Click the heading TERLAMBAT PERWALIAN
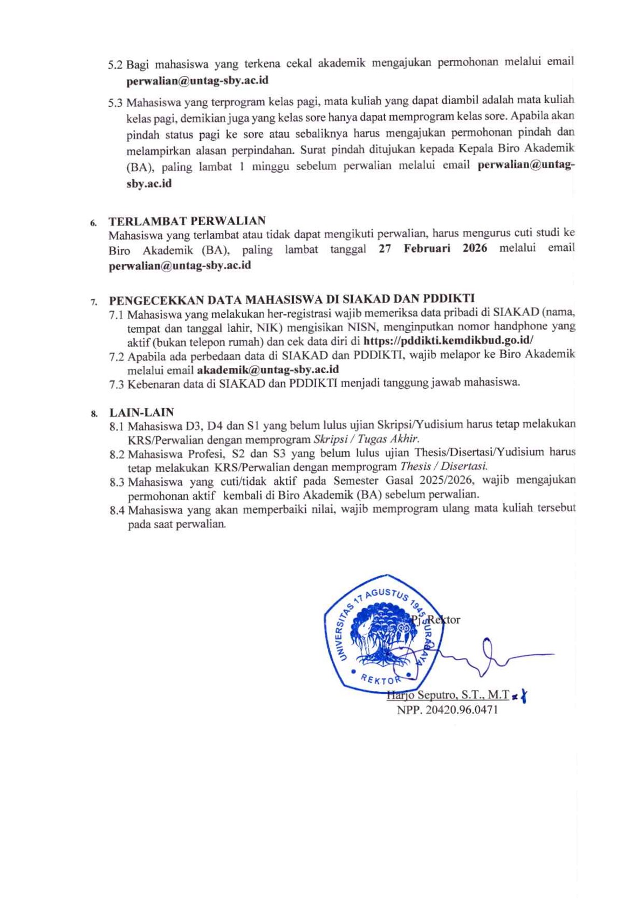[187, 221]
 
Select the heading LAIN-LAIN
[142, 413]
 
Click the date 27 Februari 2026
[433, 248]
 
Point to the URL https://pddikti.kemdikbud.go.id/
[448, 340]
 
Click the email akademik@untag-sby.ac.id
[268, 369]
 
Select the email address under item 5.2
[197, 81]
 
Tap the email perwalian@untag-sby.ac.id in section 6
[180, 265]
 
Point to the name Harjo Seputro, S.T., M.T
[448, 695]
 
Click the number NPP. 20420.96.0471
[447, 710]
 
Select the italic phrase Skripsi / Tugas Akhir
[366, 439]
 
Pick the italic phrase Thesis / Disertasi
[444, 466]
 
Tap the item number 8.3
[117, 482]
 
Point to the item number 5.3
[115, 102]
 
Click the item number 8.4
[117, 510]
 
